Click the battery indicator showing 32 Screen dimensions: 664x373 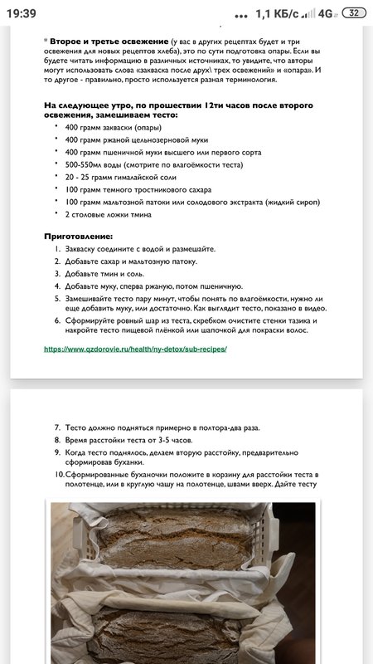354,13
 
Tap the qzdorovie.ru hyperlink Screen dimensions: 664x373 135,349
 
